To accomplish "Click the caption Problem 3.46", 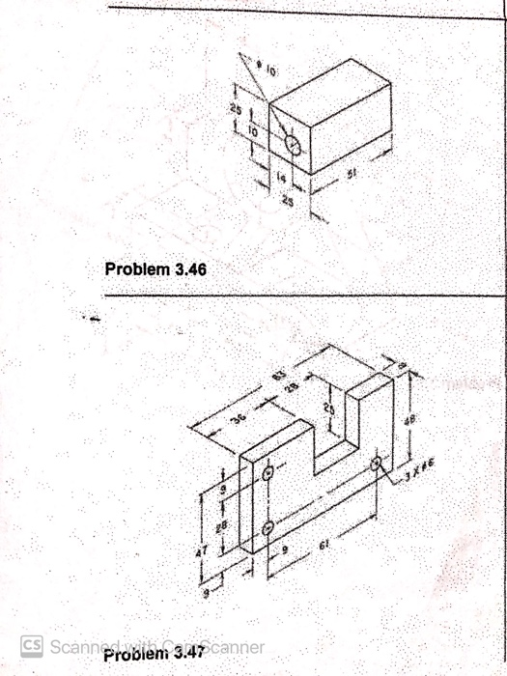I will tap(155, 268).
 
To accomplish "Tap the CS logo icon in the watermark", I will tap(32, 644).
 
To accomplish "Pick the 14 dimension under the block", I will tap(281, 180).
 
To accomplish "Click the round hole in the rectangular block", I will tap(295, 145).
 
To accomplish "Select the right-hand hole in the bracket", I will tap(376, 465).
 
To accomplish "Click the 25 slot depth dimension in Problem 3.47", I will tap(327, 408).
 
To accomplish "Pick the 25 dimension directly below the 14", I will tap(287, 200).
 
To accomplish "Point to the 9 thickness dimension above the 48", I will tap(405, 364).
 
